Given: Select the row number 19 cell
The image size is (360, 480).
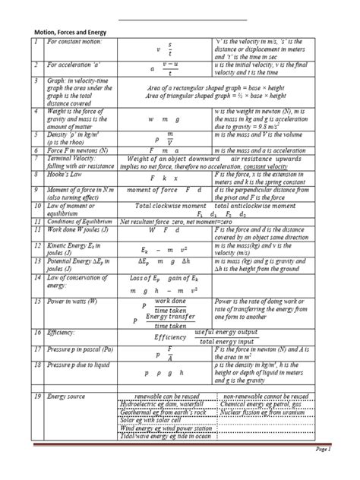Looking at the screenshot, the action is pos(36,398).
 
